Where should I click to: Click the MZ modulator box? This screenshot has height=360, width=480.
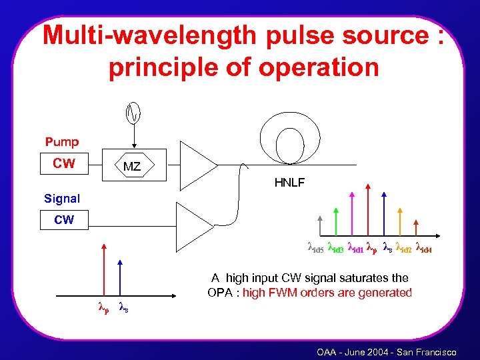132,166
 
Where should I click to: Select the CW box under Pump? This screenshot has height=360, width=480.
64,163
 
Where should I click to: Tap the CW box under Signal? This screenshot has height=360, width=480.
64,219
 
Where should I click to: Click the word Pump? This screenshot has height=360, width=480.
62,142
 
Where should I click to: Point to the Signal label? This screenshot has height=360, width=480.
62,199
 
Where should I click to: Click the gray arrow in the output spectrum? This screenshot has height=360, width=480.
321,225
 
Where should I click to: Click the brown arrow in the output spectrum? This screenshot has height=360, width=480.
417,225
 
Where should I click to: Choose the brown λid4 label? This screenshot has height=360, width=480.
425,249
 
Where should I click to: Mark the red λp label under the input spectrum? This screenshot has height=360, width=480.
103,308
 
